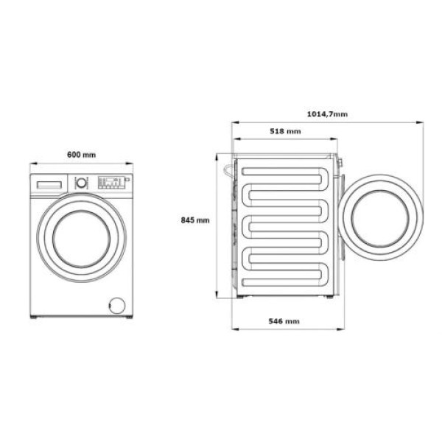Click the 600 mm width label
coord(81,155)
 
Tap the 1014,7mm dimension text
coord(327,114)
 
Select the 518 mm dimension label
coord(285,131)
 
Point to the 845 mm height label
coord(195,220)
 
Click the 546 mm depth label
coord(284,322)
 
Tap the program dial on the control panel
coord(81,181)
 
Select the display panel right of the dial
coord(110,182)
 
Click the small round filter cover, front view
coord(115,304)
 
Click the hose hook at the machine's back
coord(228,169)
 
